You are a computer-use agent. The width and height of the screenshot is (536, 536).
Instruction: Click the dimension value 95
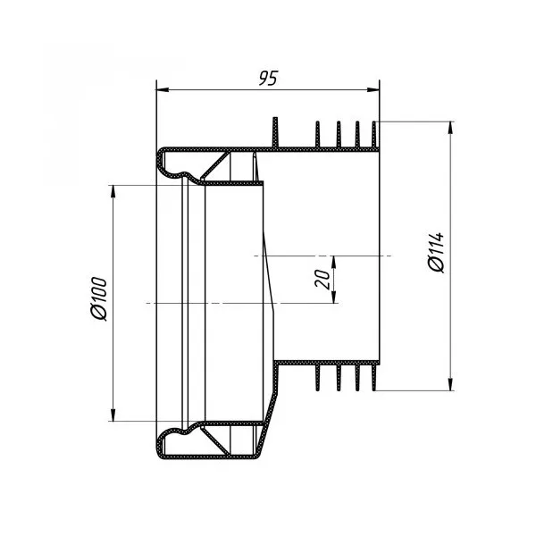(268, 79)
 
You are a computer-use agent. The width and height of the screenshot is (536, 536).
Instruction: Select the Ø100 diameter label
(99, 299)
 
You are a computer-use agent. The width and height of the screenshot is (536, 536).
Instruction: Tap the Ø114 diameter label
(436, 252)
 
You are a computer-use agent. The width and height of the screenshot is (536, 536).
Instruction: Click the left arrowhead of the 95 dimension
(163, 90)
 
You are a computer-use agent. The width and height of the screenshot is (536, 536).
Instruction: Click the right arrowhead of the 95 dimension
(373, 90)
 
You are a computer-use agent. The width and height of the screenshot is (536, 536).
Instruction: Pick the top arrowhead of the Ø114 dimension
(451, 128)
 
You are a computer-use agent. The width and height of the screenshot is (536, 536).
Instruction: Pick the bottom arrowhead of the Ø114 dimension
(451, 383)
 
